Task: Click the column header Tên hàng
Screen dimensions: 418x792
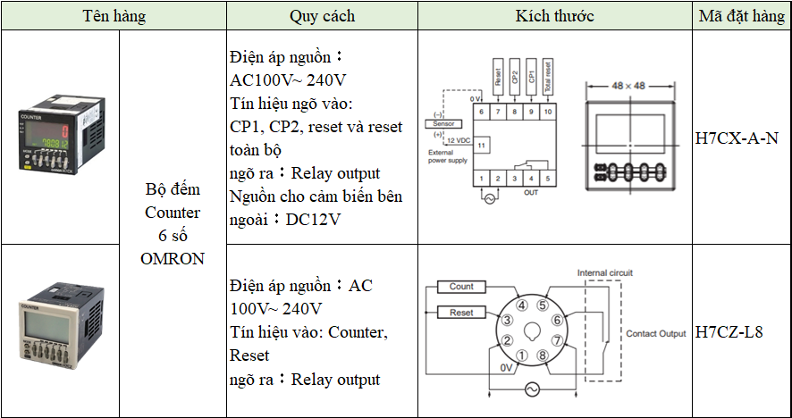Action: point(114,16)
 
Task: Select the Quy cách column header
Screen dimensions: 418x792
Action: point(322,16)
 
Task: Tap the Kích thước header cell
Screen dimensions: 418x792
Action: point(554,16)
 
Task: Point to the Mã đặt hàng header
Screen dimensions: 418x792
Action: point(741,16)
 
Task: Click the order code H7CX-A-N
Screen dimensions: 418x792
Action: point(736,138)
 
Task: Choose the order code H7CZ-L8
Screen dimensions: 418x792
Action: point(729,332)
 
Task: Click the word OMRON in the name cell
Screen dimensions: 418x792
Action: point(173,259)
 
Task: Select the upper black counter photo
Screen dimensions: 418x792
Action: point(60,137)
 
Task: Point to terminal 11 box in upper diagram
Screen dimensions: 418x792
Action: point(482,144)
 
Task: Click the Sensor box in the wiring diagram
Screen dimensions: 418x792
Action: point(444,123)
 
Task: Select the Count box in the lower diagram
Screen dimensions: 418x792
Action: point(461,287)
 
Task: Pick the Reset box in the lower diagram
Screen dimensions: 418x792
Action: point(461,313)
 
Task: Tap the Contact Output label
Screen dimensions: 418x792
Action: point(655,333)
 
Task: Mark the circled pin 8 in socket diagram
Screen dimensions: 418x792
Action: point(543,355)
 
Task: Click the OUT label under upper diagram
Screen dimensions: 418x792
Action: point(531,192)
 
